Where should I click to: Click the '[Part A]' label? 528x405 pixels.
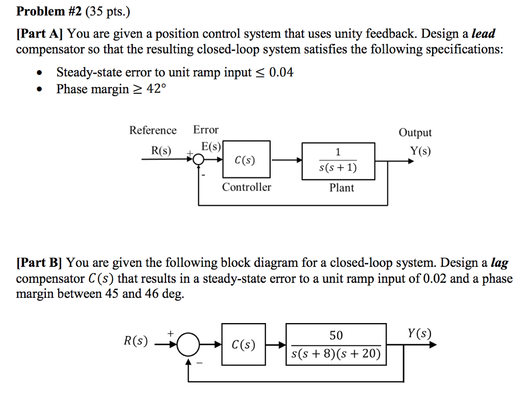tap(39, 35)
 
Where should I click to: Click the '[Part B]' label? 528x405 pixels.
tap(39, 263)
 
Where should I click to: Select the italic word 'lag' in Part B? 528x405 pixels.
tap(499, 263)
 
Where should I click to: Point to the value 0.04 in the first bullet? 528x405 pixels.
tap(282, 73)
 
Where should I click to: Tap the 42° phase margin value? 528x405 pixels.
tap(154, 89)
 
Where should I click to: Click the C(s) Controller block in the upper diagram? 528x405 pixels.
tap(246, 160)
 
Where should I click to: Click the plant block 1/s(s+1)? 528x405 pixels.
tap(338, 160)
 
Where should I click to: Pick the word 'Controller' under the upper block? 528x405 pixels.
tap(246, 187)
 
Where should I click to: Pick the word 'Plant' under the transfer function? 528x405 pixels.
tap(341, 188)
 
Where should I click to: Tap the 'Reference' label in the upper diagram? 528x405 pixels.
tap(153, 130)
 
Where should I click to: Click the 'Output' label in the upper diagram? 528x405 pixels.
tap(415, 133)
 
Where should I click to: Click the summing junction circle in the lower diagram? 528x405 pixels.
tap(188, 344)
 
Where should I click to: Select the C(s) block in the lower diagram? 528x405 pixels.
tap(243, 344)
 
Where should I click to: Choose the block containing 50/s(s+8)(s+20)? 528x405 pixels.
tap(336, 344)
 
